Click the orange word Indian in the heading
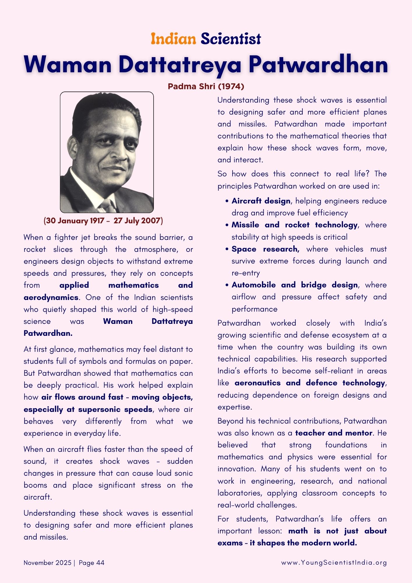click(173, 39)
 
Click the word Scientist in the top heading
click(231, 39)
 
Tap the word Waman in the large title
click(68, 65)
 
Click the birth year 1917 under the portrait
click(97, 221)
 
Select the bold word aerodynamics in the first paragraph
click(51, 297)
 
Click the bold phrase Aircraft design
click(261, 201)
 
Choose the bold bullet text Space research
click(265, 249)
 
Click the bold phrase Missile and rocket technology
click(294, 225)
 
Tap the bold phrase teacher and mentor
click(334, 433)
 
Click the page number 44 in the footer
click(100, 563)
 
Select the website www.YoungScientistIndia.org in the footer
click(334, 563)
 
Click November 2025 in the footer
click(47, 563)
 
